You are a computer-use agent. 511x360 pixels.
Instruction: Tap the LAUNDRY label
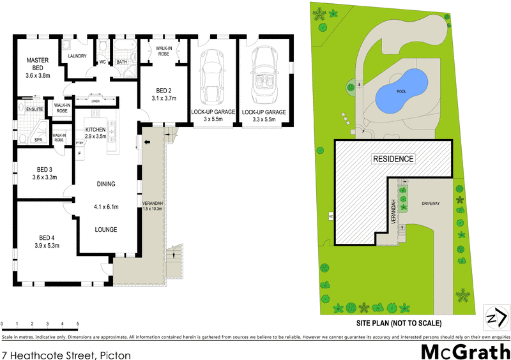pyautogui.click(x=78, y=56)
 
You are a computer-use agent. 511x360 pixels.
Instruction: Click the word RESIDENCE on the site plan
pyautogui.click(x=393, y=158)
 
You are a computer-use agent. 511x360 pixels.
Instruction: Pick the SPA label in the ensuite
pyautogui.click(x=38, y=139)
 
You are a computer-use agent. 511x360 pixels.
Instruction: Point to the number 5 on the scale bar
pyautogui.click(x=78, y=325)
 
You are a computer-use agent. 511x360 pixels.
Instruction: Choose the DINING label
pyautogui.click(x=106, y=184)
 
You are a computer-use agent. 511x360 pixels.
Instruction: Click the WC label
pyautogui.click(x=102, y=62)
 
